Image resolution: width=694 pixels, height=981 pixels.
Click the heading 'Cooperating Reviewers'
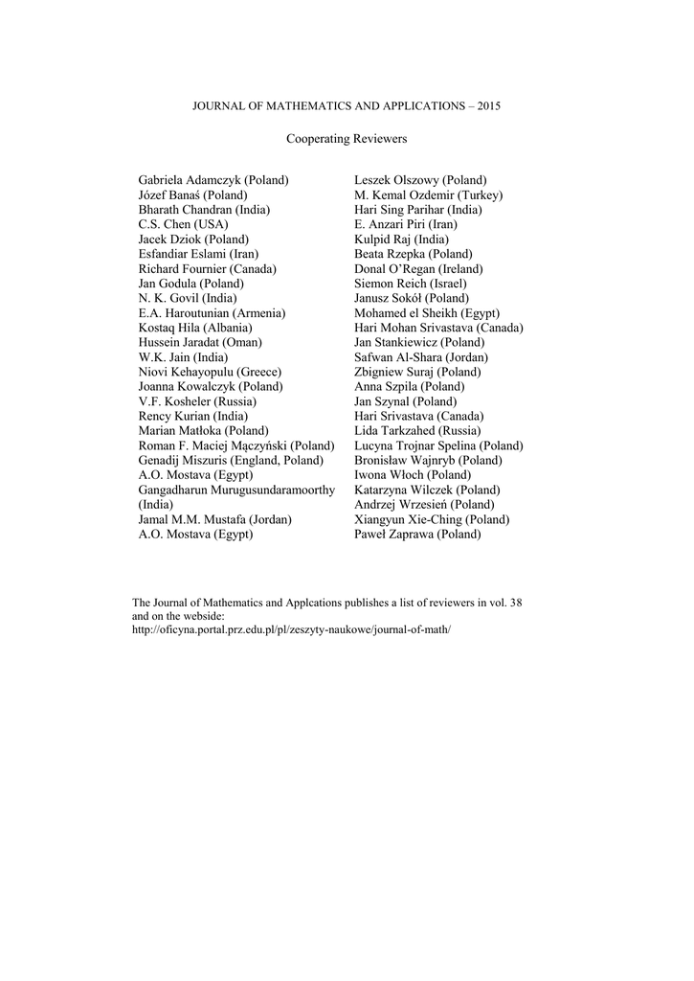point(347,139)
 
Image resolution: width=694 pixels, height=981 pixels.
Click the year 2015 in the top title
point(487,105)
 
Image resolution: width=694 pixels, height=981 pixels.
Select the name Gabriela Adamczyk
point(190,180)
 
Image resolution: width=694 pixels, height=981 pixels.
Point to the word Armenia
point(259,313)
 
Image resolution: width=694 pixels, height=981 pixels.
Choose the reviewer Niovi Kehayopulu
point(186,372)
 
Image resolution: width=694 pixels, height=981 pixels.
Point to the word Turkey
point(481,195)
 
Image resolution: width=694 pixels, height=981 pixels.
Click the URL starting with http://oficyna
point(290,631)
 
